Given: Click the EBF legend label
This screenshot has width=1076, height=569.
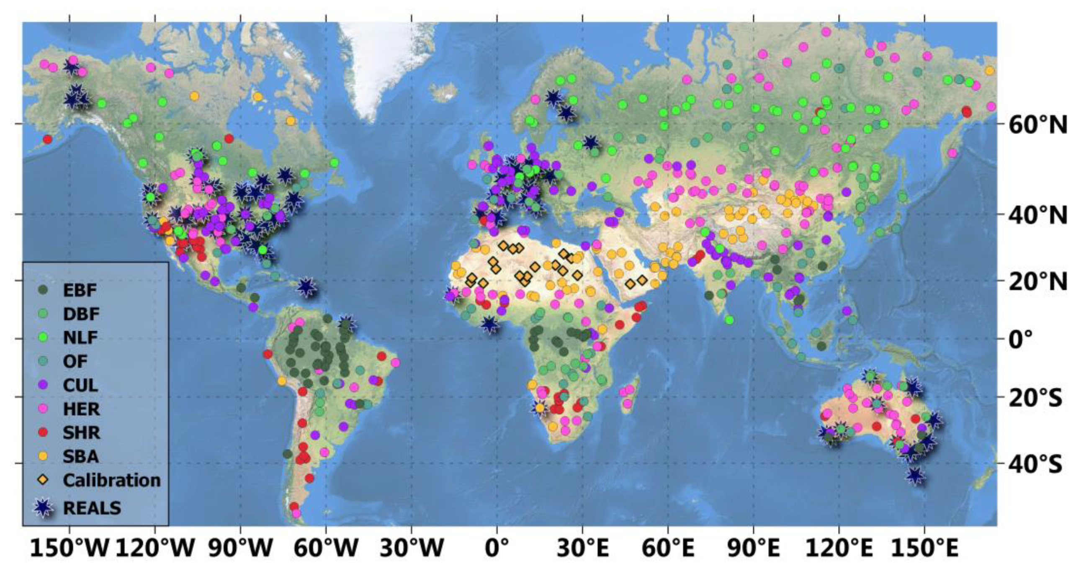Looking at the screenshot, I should pyautogui.click(x=80, y=290).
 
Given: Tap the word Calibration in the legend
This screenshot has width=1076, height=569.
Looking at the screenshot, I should pyautogui.click(x=112, y=480).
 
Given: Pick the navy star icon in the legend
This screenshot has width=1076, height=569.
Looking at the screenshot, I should pyautogui.click(x=43, y=507).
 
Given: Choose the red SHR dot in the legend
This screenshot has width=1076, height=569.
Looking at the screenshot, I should pyautogui.click(x=43, y=432).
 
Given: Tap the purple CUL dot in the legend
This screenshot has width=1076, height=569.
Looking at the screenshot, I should pyautogui.click(x=43, y=385).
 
